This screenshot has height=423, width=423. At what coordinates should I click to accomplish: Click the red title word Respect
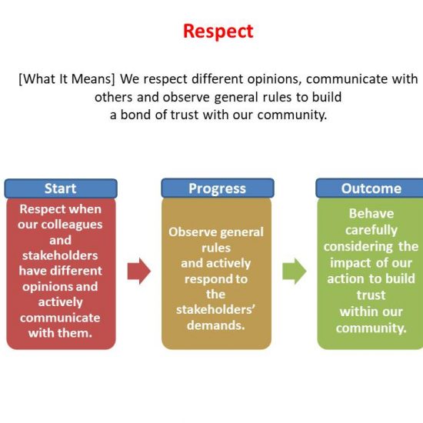(x=218, y=32)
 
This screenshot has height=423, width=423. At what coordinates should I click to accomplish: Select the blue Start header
(x=61, y=188)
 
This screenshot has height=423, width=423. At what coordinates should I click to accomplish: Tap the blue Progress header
(x=218, y=188)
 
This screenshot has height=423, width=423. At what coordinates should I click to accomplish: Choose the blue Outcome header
(x=370, y=188)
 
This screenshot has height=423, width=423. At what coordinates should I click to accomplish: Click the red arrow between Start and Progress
(x=139, y=271)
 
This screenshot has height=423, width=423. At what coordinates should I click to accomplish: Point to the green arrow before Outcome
(x=295, y=271)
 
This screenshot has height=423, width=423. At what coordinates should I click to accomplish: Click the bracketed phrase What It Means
(x=67, y=79)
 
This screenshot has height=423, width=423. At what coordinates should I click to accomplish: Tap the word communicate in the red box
(x=60, y=318)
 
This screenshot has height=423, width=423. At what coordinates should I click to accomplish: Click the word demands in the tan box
(x=216, y=325)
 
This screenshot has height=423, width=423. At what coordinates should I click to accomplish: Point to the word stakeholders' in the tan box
(x=215, y=310)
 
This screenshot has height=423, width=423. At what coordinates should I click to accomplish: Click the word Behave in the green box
(x=371, y=214)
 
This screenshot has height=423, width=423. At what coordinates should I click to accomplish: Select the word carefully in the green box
(x=371, y=231)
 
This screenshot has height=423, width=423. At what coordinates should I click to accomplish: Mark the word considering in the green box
(x=358, y=247)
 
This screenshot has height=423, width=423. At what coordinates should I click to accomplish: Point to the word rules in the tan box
(x=216, y=248)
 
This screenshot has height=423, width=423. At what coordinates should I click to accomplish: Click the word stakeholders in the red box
(x=60, y=256)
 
